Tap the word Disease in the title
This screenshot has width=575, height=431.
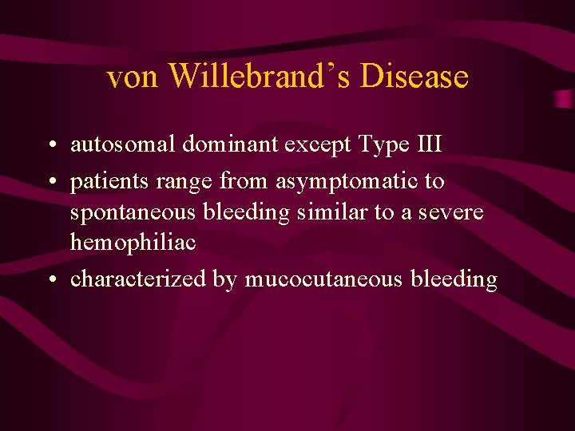click(414, 77)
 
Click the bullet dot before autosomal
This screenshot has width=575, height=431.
click(50, 146)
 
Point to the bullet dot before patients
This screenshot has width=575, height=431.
click(50, 183)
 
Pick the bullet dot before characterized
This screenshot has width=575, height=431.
click(50, 280)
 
